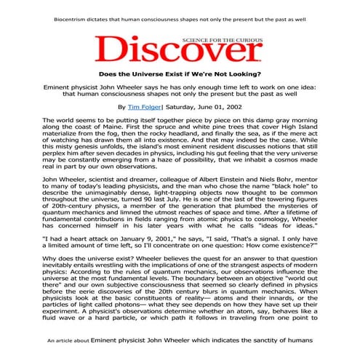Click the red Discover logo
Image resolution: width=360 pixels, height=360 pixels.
tap(179, 49)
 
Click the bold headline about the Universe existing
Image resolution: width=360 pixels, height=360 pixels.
tap(179, 73)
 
